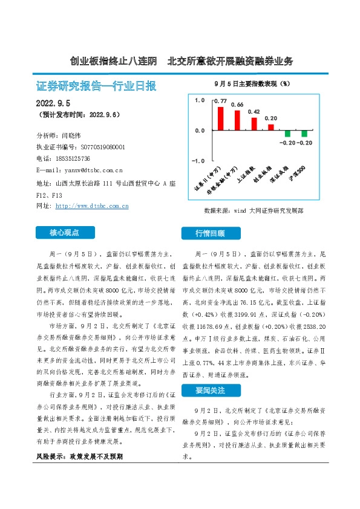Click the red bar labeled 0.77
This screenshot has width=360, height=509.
click(221, 118)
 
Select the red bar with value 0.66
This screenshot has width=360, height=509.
click(237, 120)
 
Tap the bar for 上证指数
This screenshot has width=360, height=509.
click(254, 124)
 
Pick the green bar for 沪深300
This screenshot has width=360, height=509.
click(304, 133)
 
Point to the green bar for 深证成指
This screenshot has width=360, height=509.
click(288, 133)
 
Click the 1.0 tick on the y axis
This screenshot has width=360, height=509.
click(200, 100)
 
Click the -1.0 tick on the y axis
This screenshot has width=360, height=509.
click(198, 161)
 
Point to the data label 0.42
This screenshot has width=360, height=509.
click(254, 112)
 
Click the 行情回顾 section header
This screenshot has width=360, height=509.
click(210, 233)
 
